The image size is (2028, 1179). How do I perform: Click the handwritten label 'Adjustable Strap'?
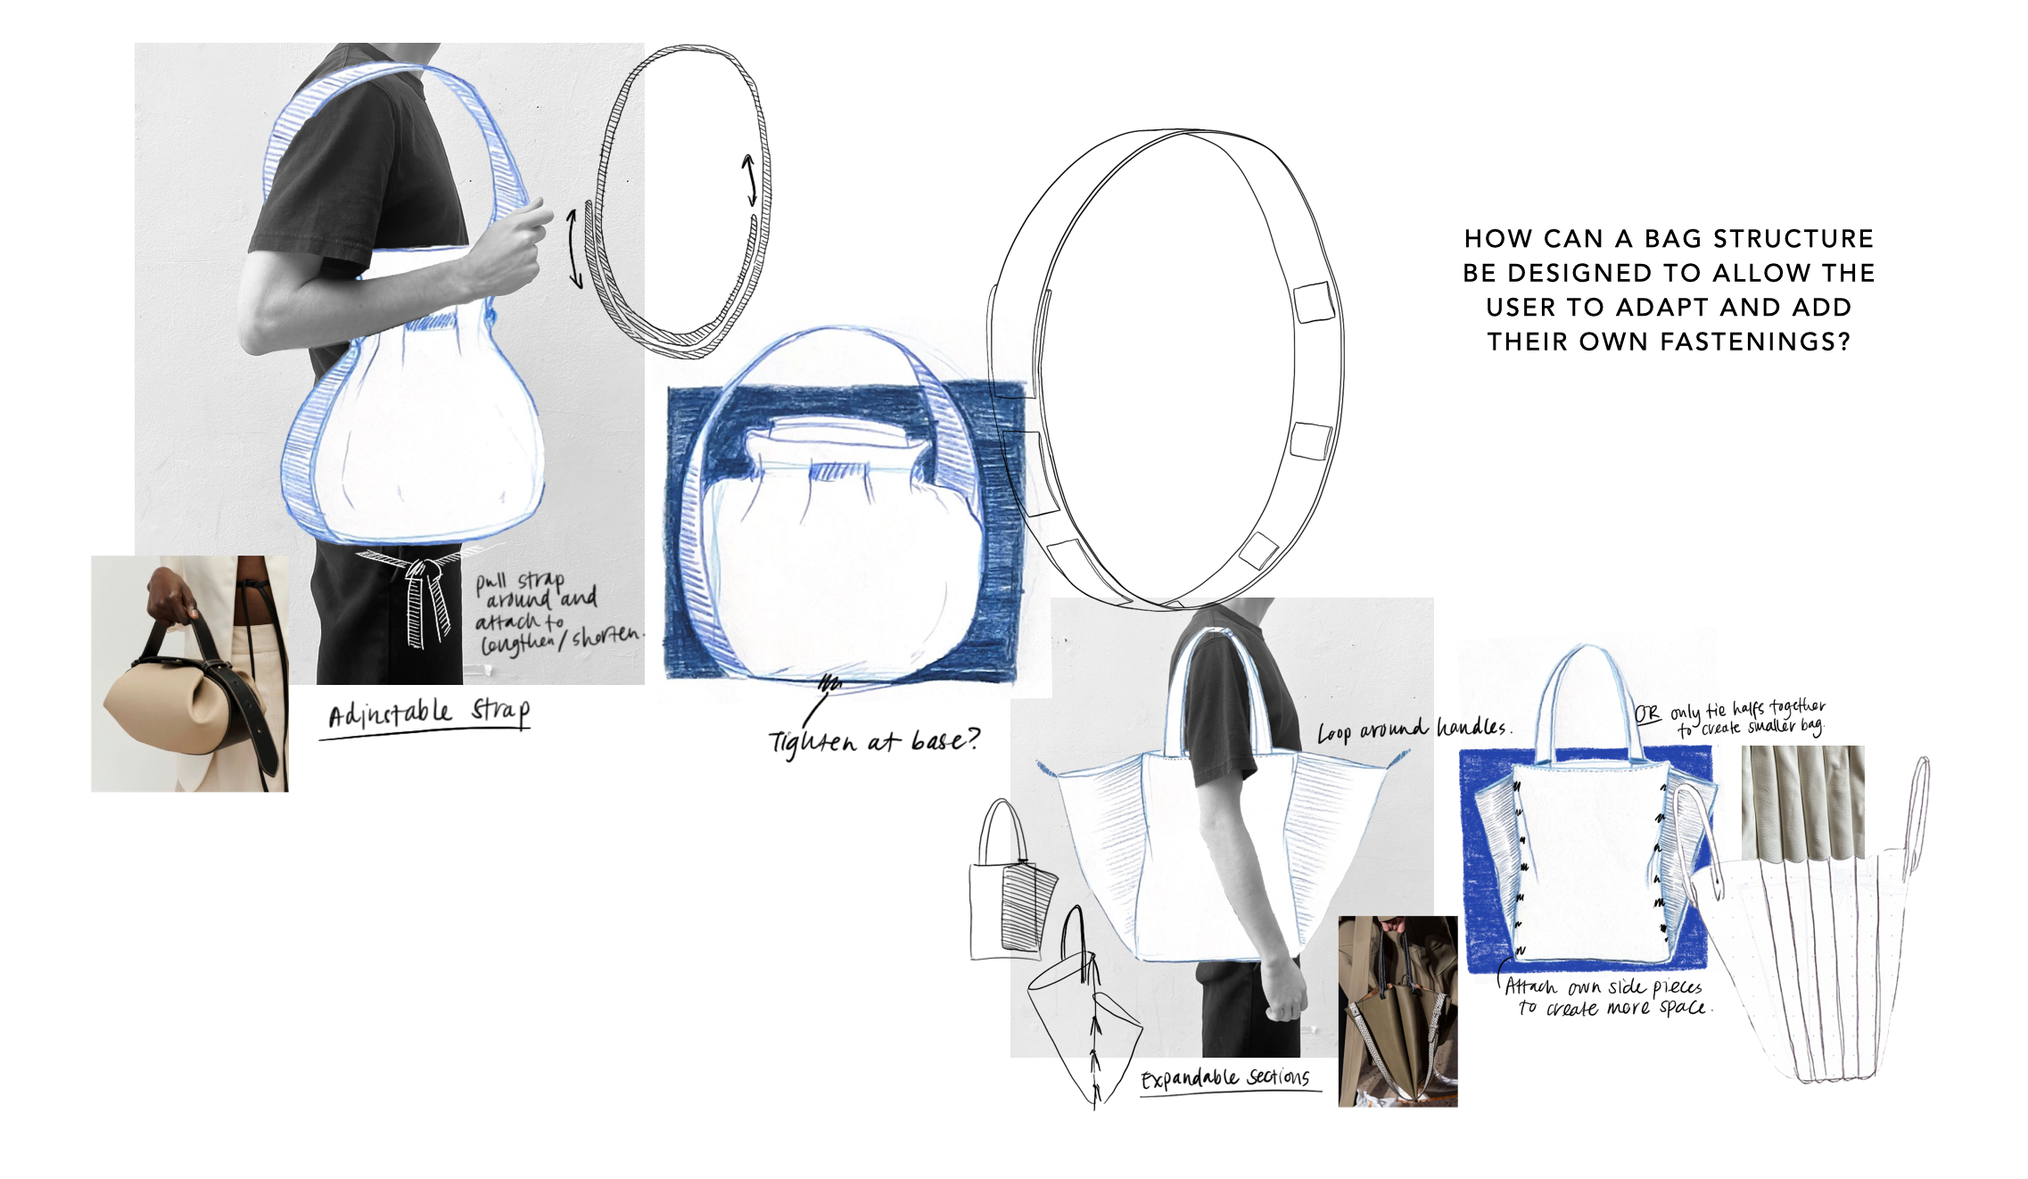tap(428, 714)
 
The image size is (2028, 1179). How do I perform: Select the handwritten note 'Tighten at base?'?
tap(874, 740)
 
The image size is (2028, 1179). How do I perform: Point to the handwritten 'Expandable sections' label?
tap(1225, 1078)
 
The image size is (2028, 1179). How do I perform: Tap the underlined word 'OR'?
tap(1646, 714)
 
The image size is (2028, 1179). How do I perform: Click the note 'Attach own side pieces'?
tap(1603, 987)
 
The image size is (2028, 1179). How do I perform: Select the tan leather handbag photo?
tap(189, 674)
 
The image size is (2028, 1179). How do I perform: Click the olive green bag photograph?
tap(1397, 1011)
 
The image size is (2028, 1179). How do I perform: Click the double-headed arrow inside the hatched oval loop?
tap(750, 181)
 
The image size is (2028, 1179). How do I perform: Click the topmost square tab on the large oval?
tap(1314, 301)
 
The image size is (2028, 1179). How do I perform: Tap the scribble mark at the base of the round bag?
tap(830, 685)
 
